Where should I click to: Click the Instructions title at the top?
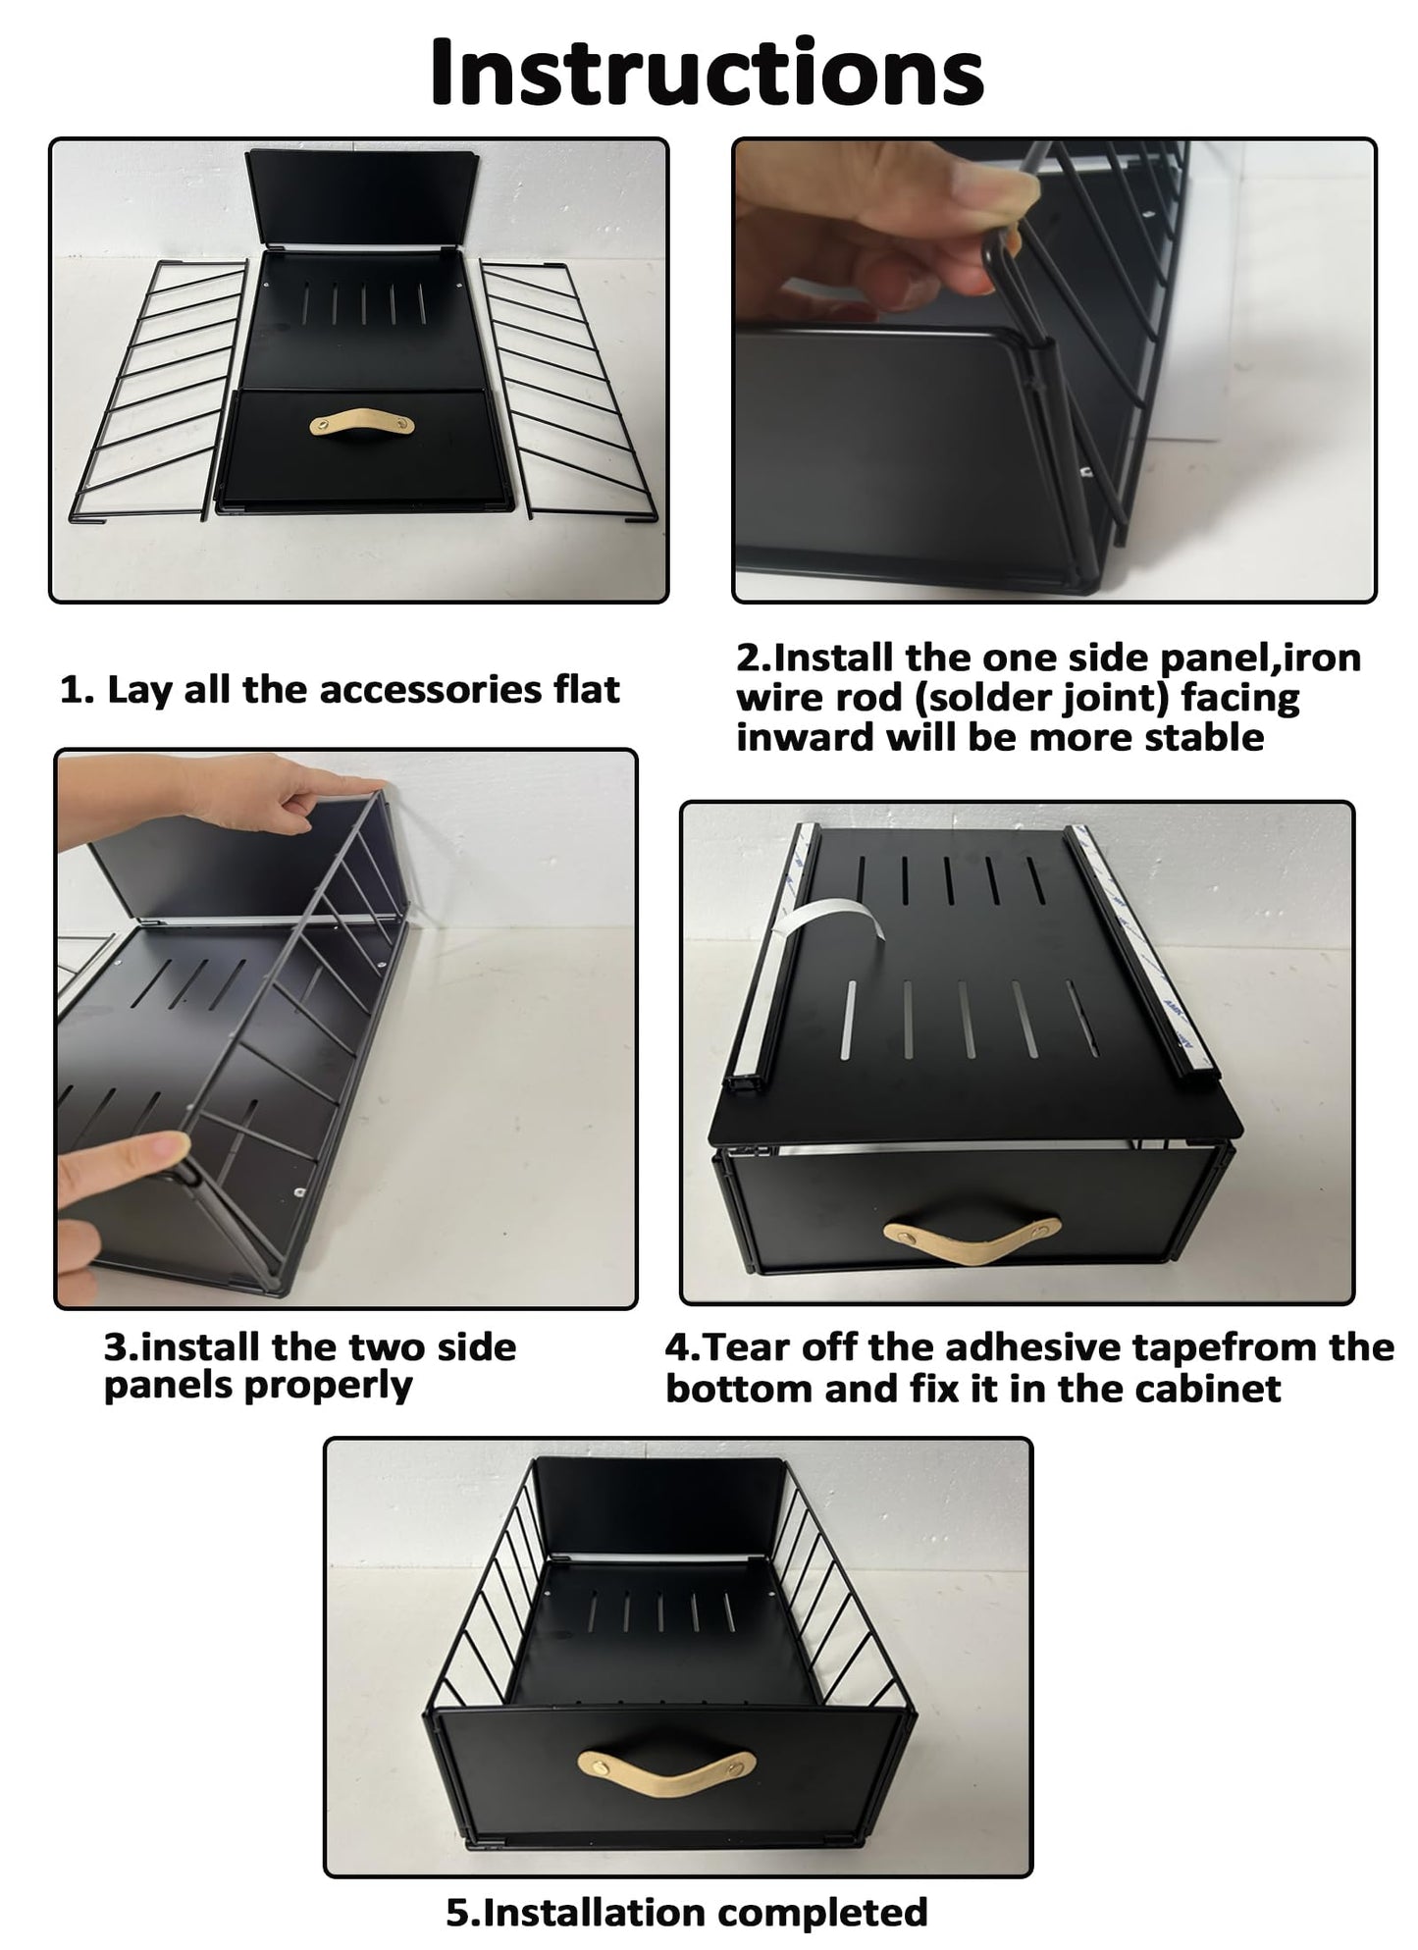(x=707, y=74)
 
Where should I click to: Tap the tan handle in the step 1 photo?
(x=361, y=424)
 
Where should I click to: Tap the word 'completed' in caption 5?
(x=822, y=1913)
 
